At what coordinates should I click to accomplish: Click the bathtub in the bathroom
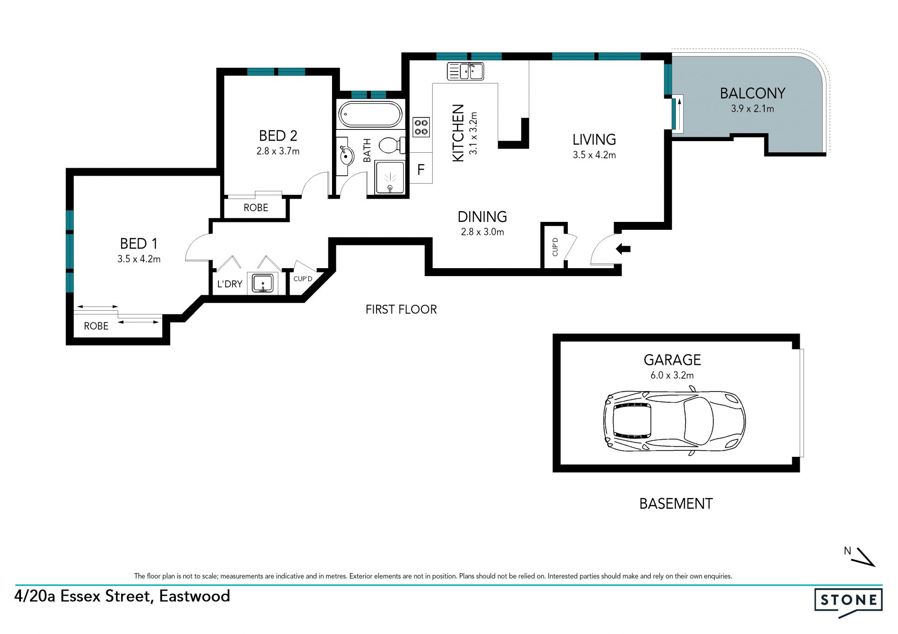click(x=370, y=114)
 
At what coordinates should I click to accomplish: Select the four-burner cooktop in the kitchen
click(x=421, y=127)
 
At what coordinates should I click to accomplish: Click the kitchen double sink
click(x=465, y=71)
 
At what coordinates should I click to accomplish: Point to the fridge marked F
click(x=420, y=169)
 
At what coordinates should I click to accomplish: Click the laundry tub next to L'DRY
click(x=262, y=283)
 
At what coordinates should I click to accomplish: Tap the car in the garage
click(x=674, y=421)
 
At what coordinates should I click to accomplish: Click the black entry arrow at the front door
click(x=623, y=249)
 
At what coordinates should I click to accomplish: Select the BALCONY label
click(x=753, y=93)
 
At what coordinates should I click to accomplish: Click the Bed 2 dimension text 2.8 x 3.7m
click(x=278, y=151)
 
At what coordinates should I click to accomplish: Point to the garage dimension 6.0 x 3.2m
click(x=672, y=375)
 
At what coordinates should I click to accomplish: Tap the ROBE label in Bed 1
click(x=96, y=326)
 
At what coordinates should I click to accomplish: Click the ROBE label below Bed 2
click(x=256, y=208)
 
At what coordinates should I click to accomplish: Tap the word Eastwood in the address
click(x=195, y=596)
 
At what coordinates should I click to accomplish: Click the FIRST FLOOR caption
click(x=401, y=309)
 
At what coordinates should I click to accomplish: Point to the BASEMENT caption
click(x=676, y=504)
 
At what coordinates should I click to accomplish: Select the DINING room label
click(x=482, y=217)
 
